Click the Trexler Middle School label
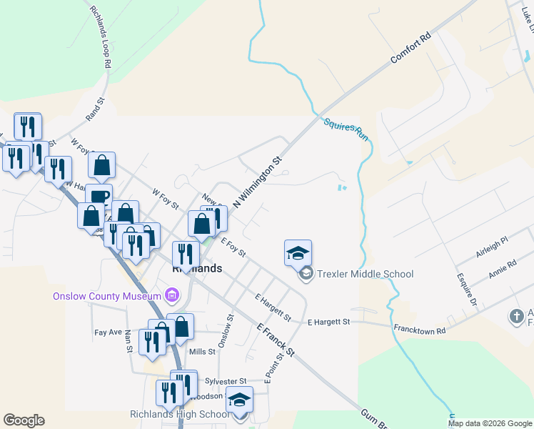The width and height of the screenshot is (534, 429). pyautogui.click(x=364, y=274)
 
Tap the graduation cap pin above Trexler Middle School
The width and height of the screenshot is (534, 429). pyautogui.click(x=298, y=253)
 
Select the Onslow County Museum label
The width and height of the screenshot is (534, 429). pyautogui.click(x=107, y=295)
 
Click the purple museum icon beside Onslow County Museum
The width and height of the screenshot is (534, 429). pyautogui.click(x=171, y=295)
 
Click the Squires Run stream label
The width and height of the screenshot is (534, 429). pyautogui.click(x=346, y=129)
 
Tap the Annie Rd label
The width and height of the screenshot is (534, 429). pyautogui.click(x=503, y=271)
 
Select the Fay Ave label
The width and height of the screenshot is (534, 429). pyautogui.click(x=106, y=332)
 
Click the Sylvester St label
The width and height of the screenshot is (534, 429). pyautogui.click(x=224, y=381)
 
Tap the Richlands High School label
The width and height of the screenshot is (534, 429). pyautogui.click(x=179, y=414)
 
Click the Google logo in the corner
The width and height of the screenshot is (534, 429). pyautogui.click(x=24, y=420)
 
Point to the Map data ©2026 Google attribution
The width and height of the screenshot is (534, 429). pyautogui.click(x=490, y=423)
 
